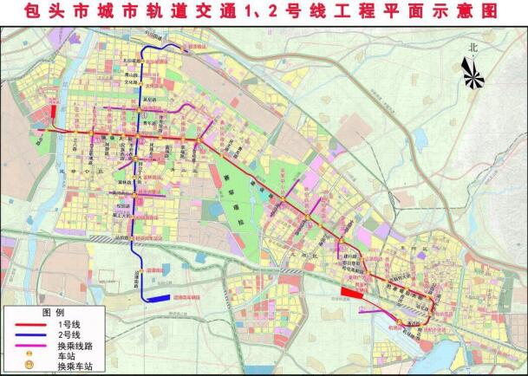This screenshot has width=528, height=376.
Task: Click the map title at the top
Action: click(x=264, y=11)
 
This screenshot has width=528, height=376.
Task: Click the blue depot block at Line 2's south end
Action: click(x=157, y=298)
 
